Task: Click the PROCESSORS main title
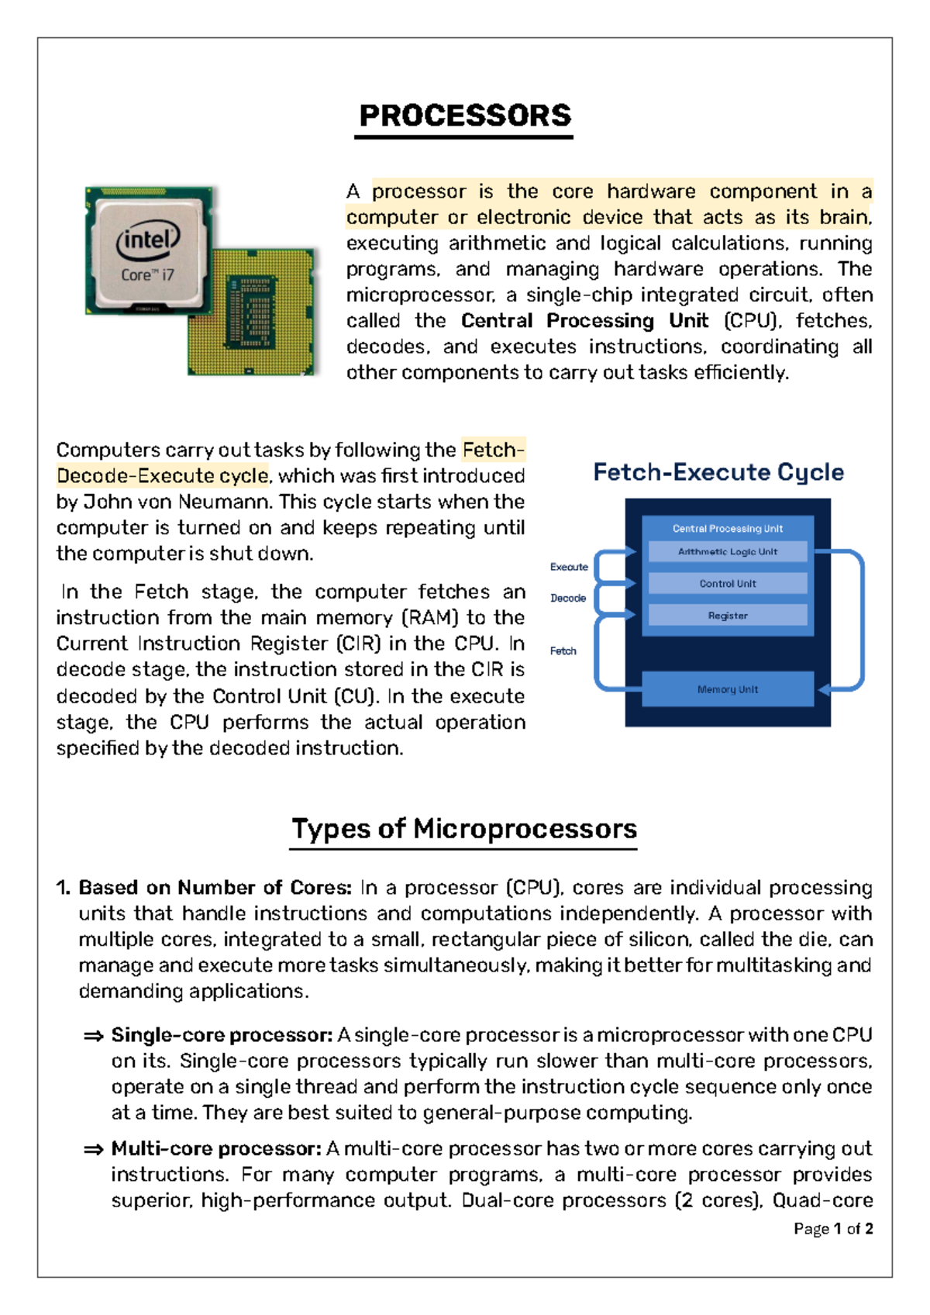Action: tap(465, 116)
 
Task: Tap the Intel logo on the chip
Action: tap(147, 240)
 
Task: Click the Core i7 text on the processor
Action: tap(147, 274)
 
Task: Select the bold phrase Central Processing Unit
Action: tap(584, 321)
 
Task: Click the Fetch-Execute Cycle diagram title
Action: tap(718, 472)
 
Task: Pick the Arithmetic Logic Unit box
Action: tap(727, 551)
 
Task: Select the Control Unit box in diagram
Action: tap(727, 583)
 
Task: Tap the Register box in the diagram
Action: tap(727, 615)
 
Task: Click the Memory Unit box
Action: tap(727, 689)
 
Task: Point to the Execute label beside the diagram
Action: tap(569, 567)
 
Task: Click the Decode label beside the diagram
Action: tap(568, 598)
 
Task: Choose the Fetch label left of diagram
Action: tap(563, 651)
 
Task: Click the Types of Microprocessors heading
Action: tap(463, 829)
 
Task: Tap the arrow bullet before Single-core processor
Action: tap(93, 1036)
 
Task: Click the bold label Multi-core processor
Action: tap(216, 1148)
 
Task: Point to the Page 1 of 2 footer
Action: tap(833, 1228)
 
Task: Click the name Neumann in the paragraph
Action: tap(225, 502)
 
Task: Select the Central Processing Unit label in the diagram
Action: tap(727, 528)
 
